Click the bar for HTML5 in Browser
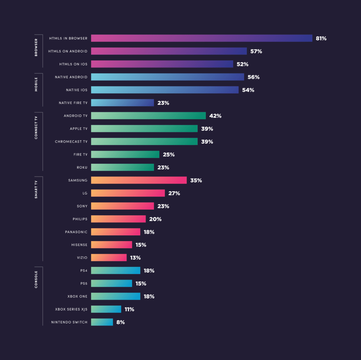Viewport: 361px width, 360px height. pyautogui.click(x=201, y=38)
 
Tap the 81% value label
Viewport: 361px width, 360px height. pyautogui.click(x=321, y=38)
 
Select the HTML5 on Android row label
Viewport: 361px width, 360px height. pyautogui.click(x=68, y=51)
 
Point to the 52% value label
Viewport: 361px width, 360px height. pyautogui.click(x=243, y=64)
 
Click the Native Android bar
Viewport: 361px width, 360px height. pyautogui.click(x=167, y=77)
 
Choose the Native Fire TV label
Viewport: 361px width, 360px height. pyautogui.click(x=73, y=103)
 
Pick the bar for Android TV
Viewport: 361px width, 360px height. pyautogui.click(x=148, y=116)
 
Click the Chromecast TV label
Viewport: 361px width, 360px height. pyautogui.click(x=71, y=142)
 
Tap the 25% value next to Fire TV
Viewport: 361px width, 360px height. pyautogui.click(x=169, y=155)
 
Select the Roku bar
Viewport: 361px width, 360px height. pyautogui.click(x=122, y=167)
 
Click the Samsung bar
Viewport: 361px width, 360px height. pyautogui.click(x=139, y=180)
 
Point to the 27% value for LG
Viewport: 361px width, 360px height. pyautogui.click(x=174, y=193)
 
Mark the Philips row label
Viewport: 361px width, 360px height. pyautogui.click(x=80, y=219)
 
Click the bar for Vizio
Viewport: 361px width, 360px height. pyautogui.click(x=109, y=258)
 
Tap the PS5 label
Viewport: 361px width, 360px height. pyautogui.click(x=84, y=283)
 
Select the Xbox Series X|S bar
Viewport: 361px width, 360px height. pyautogui.click(x=106, y=309)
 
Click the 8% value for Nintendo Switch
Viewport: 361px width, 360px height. pyautogui.click(x=121, y=322)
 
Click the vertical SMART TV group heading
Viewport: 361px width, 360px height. pyautogui.click(x=36, y=190)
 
